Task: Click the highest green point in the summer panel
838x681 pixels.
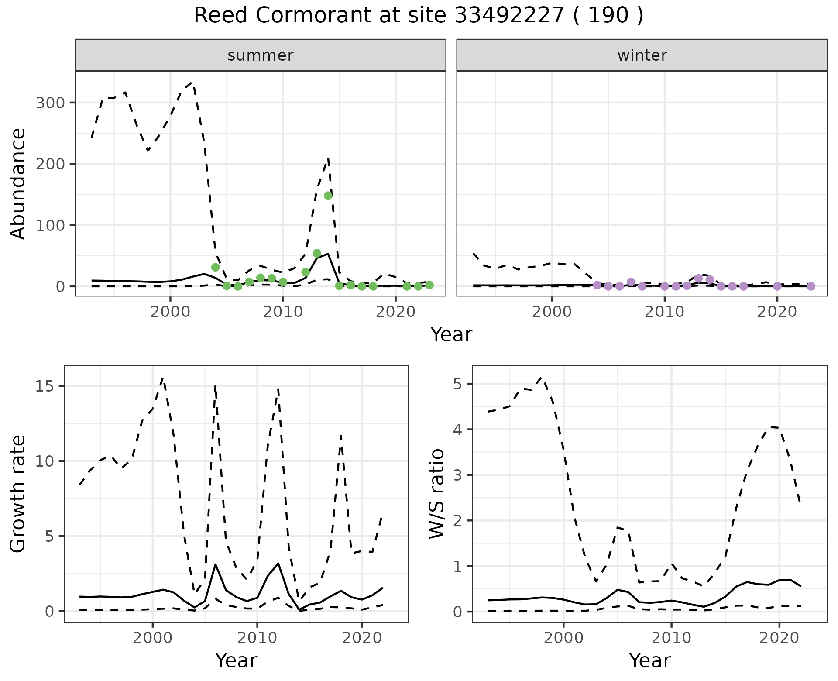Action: click(328, 196)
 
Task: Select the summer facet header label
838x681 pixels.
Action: click(261, 55)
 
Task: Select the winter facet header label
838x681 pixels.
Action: click(642, 55)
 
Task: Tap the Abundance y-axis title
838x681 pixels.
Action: click(18, 184)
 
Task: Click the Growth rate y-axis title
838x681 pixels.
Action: click(18, 494)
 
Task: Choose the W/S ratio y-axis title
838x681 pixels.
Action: click(437, 494)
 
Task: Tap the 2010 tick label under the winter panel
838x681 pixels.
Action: click(664, 312)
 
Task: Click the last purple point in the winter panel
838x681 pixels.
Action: click(811, 286)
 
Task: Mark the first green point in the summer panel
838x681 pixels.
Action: click(215, 267)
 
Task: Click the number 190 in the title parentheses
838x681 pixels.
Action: click(608, 16)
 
